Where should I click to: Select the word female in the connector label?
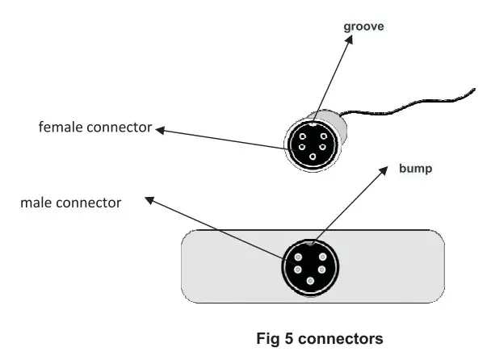pos(61,128)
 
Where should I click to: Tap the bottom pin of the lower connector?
pos(311,279)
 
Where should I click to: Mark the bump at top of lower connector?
pos(311,244)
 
